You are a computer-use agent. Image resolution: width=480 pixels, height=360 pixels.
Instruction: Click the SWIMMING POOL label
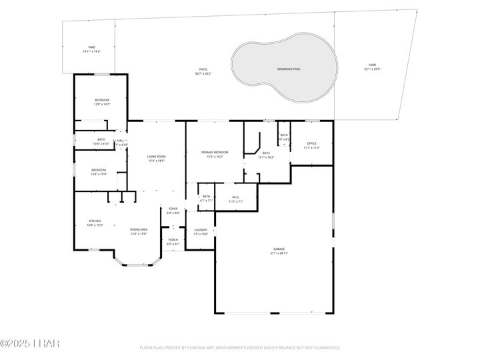click(289, 69)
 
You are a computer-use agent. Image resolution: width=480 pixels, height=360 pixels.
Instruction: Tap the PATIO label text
click(203, 69)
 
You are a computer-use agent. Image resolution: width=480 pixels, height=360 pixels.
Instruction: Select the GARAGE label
click(279, 249)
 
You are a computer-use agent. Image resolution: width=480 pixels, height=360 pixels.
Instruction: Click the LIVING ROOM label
click(155, 157)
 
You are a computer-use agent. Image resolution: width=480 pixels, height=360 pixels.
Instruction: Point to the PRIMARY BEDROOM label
click(215, 153)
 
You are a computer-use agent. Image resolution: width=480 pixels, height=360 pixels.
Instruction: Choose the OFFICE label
click(311, 143)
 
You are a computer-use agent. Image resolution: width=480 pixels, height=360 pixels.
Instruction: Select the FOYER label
click(173, 209)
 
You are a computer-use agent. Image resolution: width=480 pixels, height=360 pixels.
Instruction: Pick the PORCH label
click(173, 239)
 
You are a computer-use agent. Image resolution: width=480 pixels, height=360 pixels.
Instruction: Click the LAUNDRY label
click(201, 230)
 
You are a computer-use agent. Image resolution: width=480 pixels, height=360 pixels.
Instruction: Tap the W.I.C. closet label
click(236, 197)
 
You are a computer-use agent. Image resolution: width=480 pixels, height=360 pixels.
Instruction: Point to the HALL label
click(121, 141)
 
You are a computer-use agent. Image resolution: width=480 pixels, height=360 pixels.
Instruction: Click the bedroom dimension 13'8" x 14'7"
click(101, 104)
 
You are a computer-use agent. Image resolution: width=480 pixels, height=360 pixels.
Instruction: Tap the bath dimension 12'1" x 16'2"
click(266, 157)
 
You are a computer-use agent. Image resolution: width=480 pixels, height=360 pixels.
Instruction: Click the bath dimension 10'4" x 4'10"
click(101, 143)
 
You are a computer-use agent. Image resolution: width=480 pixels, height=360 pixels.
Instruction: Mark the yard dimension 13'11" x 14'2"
click(91, 51)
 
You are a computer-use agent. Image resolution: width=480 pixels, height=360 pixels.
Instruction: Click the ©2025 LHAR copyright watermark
click(30, 343)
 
